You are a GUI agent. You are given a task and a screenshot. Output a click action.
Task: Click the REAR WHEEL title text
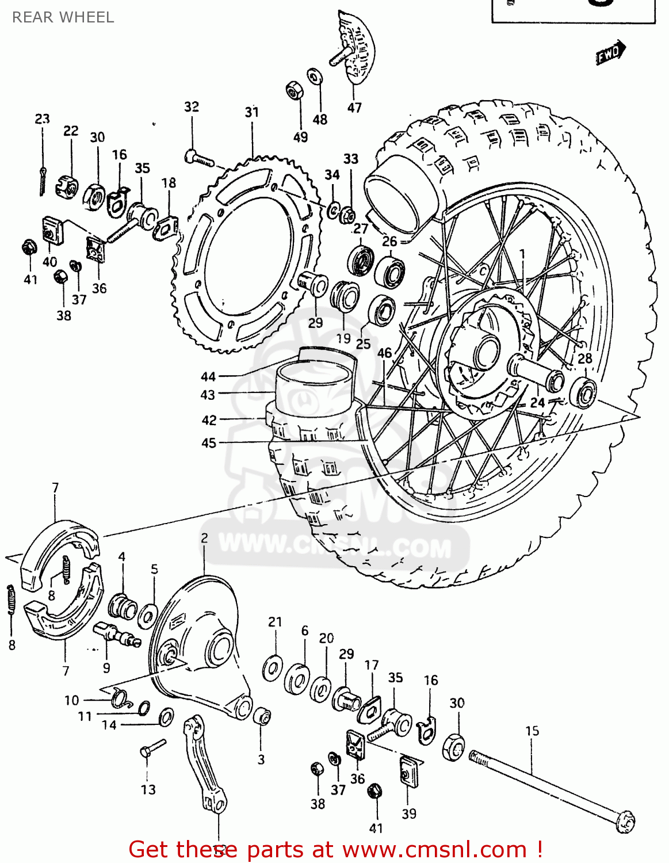coord(63,17)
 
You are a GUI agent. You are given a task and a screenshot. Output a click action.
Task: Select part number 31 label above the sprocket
coord(252,112)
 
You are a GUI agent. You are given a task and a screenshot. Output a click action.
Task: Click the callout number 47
coord(354,108)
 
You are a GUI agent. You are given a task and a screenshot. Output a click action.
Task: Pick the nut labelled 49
coord(295,91)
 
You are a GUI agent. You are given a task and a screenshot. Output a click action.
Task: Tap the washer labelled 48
coord(314,77)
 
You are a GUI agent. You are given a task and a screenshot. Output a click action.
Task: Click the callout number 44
coord(208,377)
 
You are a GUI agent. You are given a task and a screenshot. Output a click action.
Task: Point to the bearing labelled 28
coord(583,393)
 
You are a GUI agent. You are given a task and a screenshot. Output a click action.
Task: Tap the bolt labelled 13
coord(152,749)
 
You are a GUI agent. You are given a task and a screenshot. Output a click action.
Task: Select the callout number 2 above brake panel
coord(204,539)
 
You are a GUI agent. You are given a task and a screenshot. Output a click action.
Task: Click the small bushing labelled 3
coord(262,717)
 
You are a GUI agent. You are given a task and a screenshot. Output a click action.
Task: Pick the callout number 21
coord(275,622)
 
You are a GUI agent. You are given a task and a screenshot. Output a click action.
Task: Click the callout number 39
coord(409,814)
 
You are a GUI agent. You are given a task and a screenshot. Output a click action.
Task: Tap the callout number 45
coord(209,443)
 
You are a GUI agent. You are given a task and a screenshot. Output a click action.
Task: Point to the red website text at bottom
coord(335,849)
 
